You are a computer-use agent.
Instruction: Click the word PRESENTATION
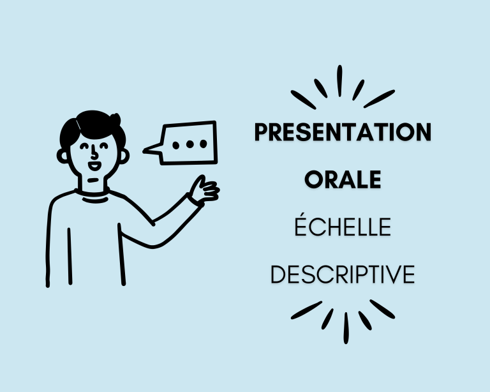pos(343,133)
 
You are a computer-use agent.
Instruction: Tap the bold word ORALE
pos(343,180)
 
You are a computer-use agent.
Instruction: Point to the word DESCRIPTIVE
pos(343,275)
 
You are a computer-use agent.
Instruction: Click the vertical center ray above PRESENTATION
pos(339,80)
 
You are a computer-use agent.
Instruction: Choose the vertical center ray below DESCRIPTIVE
pos(346,328)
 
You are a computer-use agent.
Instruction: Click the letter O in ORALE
pos(313,180)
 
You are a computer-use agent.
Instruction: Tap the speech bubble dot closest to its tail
pos(176,144)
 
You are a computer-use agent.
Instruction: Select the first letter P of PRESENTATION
pos(261,133)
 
